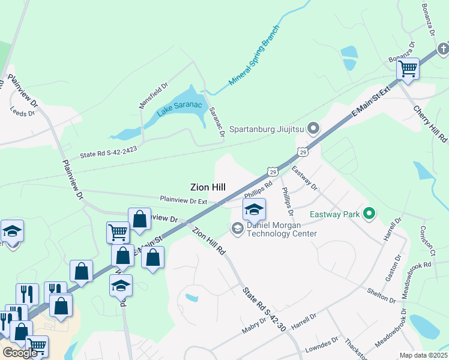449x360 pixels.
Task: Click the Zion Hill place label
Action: pyautogui.click(x=208, y=187)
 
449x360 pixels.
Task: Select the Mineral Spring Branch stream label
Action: pyautogui.click(x=254, y=58)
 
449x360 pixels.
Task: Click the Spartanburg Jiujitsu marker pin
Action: pyautogui.click(x=313, y=128)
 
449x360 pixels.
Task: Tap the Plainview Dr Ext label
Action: pyautogui.click(x=183, y=200)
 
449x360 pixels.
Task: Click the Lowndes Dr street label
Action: pyautogui.click(x=322, y=345)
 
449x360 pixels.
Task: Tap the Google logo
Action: pyautogui.click(x=20, y=353)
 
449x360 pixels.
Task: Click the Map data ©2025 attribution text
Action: pyautogui.click(x=424, y=355)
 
